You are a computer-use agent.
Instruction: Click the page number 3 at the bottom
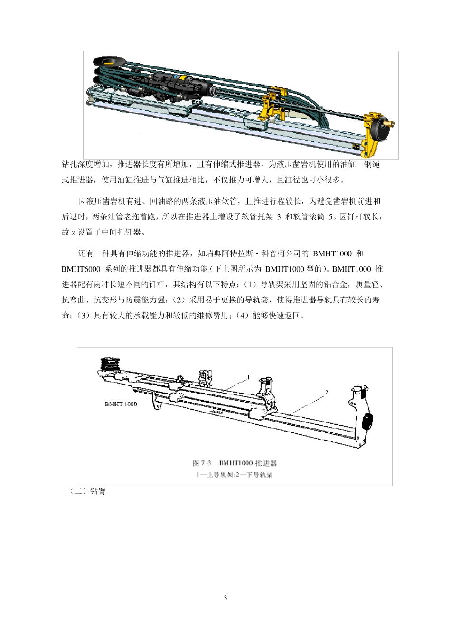click(225, 598)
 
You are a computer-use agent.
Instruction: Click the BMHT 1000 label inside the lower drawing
click(121, 404)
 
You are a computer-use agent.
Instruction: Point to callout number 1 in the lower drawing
click(248, 377)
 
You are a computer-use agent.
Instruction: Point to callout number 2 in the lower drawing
click(327, 393)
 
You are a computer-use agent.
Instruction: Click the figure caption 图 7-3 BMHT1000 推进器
click(235, 463)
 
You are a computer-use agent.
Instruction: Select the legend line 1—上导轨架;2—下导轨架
click(235, 475)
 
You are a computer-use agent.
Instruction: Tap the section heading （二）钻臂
click(88, 491)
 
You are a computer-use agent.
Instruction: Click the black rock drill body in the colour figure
click(180, 85)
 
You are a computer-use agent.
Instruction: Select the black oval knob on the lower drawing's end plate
click(367, 421)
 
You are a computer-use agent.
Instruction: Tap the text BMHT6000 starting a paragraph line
click(81, 269)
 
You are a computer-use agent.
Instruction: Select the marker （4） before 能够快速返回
click(242, 316)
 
